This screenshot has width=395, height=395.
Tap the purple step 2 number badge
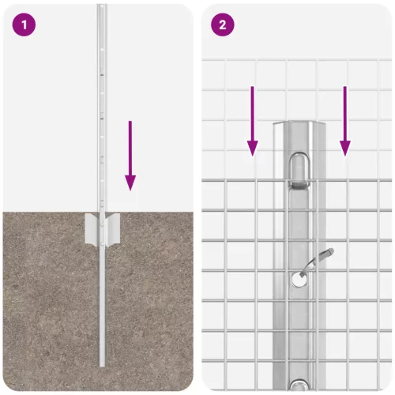pos(222,24)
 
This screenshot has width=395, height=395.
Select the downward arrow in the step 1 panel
pos(130,154)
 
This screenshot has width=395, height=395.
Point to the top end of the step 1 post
pos(100,8)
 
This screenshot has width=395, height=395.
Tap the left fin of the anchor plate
pos(90,228)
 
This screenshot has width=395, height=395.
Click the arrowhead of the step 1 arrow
pos(130,183)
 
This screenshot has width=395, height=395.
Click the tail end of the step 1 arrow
pos(130,122)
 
